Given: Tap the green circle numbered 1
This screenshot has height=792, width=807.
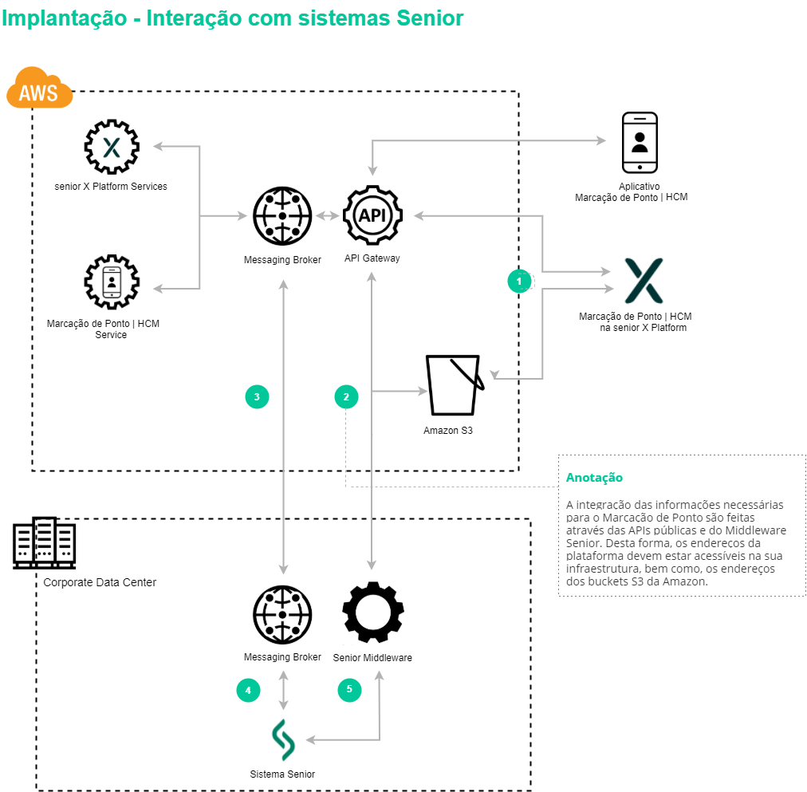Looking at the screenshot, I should click(519, 281).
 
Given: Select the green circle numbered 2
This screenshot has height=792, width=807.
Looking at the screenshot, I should click(346, 396).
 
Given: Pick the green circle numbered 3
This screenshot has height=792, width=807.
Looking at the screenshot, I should click(257, 396).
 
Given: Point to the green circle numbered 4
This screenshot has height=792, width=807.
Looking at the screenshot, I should click(248, 691).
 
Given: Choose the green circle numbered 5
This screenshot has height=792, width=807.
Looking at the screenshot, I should click(349, 691).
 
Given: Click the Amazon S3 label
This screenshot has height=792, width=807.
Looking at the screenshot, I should click(448, 431).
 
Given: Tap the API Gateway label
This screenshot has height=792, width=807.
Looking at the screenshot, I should click(372, 258).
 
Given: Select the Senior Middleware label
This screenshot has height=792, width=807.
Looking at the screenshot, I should click(372, 658).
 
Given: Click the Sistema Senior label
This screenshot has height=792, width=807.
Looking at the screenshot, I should click(283, 774).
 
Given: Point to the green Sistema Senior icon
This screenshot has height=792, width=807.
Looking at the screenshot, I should click(283, 740).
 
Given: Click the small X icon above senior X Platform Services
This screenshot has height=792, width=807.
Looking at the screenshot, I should click(111, 148).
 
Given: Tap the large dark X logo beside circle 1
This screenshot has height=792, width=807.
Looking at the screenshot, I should click(643, 281).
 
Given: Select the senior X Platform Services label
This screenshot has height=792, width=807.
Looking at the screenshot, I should click(111, 187).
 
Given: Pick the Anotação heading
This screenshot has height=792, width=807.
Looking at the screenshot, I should click(594, 478).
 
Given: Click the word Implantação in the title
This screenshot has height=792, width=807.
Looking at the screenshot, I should click(64, 18).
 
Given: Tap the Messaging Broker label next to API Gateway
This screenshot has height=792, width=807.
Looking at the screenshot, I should click(282, 260).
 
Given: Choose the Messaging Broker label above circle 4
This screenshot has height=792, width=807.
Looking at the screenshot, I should click(282, 657).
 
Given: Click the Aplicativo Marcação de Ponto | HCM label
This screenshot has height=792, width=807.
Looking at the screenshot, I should click(640, 192).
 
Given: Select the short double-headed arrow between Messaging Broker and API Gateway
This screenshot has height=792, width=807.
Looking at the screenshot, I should click(327, 215).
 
